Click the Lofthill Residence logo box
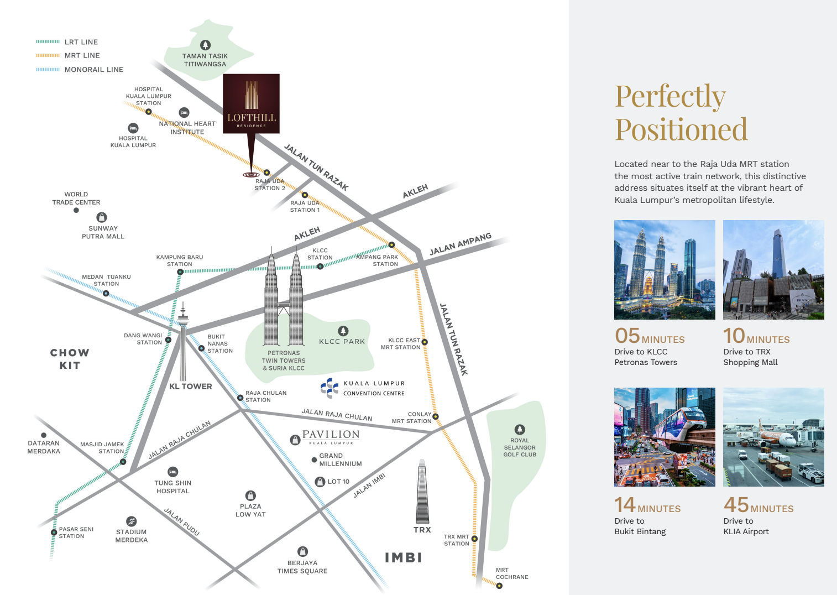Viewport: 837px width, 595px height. point(251,103)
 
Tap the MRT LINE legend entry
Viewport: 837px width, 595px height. point(68,55)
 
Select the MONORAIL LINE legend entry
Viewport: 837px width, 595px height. point(80,70)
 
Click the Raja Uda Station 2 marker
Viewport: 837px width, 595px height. point(267,173)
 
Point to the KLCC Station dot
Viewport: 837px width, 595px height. point(320,267)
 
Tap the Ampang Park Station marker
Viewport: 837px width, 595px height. point(391,245)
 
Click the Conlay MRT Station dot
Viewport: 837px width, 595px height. point(436,416)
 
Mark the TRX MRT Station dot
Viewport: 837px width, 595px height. point(474,539)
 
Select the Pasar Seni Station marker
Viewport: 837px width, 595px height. point(54,532)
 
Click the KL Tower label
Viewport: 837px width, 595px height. point(191,387)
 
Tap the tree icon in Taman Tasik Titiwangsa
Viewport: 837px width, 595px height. point(205,45)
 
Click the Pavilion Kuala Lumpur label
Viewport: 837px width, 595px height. point(331,436)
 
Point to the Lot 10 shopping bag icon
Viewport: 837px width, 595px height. point(320,482)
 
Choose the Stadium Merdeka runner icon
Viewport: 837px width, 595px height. point(131,521)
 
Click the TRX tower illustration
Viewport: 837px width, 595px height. point(422,492)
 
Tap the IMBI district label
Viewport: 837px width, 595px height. point(404,557)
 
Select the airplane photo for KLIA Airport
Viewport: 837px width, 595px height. point(773,437)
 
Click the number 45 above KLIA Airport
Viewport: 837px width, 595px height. point(736,504)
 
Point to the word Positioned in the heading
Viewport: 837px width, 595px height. point(681,130)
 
